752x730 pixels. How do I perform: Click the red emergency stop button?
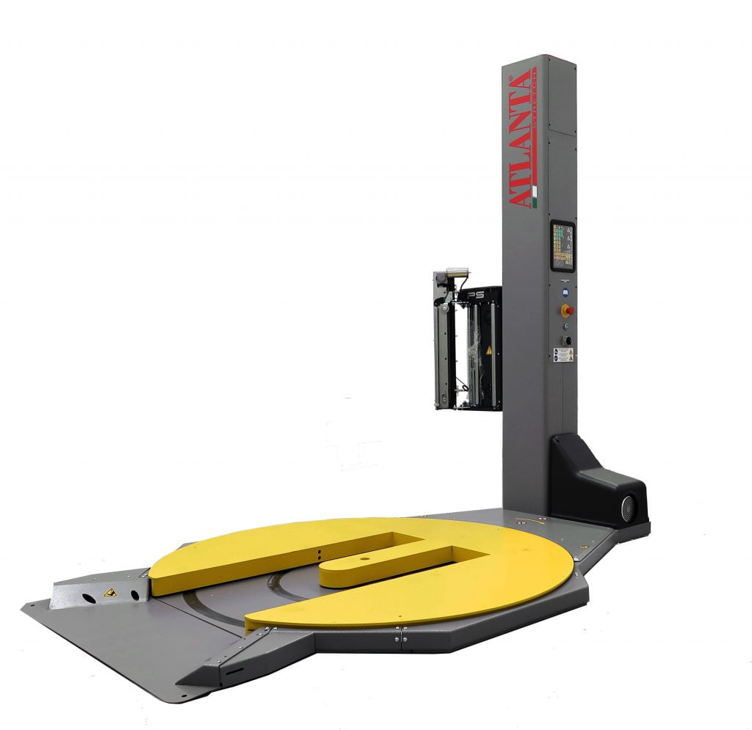click(566, 310)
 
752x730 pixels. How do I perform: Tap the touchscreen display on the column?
click(563, 247)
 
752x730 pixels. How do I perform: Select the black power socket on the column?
click(566, 340)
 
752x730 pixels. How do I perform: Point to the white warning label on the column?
click(563, 355)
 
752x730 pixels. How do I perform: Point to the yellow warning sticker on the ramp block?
click(109, 591)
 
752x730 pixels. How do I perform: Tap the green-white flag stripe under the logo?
click(535, 196)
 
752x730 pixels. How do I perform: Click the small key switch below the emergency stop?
click(565, 326)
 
